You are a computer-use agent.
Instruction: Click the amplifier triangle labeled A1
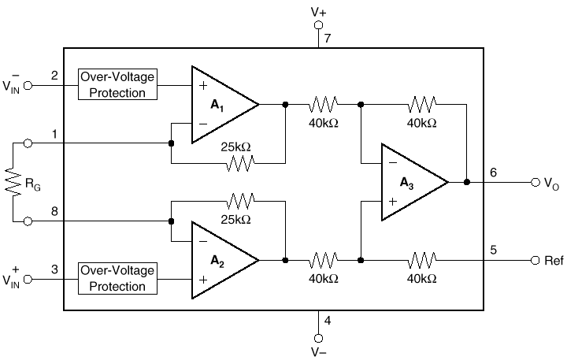click(220, 104)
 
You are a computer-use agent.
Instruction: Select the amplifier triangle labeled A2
click(220, 259)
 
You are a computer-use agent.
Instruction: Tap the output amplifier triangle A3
click(409, 182)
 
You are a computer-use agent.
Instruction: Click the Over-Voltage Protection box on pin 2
click(117, 84)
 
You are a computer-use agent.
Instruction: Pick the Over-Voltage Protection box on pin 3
click(117, 279)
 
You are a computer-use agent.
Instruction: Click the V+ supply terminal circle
click(319, 25)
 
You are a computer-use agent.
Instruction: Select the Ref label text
click(554, 260)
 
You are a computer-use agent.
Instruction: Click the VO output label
click(553, 182)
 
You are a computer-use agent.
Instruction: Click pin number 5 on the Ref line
click(493, 250)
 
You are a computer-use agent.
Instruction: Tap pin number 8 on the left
click(54, 211)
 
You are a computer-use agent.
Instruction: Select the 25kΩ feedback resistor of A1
click(239, 163)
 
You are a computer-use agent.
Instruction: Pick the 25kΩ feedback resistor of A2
click(239, 201)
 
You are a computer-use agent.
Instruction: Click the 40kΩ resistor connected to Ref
click(422, 260)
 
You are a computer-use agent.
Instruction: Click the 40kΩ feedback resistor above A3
click(422, 103)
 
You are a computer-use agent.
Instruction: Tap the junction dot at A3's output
click(466, 182)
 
